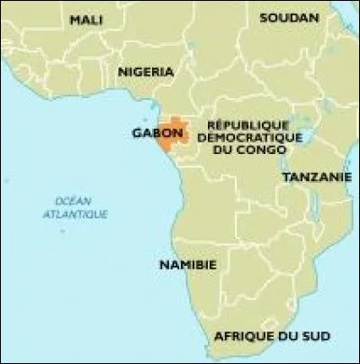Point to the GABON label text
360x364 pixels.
157,132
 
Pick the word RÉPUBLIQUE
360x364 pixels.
247,123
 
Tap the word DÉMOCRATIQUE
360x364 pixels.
247,136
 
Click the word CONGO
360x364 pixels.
266,150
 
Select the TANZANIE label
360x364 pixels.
316,177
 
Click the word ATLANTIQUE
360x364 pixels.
75,214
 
